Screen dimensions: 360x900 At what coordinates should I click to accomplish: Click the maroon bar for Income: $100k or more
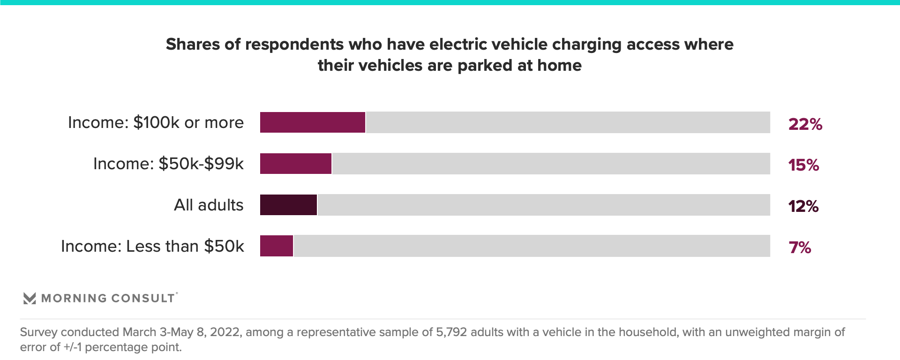point(313,122)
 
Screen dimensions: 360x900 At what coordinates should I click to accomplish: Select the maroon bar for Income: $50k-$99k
point(296,164)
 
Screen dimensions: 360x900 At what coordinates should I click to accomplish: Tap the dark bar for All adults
point(288,205)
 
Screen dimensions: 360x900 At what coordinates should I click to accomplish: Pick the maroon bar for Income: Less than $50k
point(277,246)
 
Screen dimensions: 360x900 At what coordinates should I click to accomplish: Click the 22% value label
point(805,124)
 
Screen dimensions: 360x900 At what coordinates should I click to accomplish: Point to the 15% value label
point(803,165)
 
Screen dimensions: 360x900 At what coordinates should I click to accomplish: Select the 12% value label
point(803,206)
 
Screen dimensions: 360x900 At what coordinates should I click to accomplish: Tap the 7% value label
point(800,247)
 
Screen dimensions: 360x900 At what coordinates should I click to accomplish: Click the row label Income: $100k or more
point(156,122)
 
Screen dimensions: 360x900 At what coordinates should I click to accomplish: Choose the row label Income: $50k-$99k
point(168,164)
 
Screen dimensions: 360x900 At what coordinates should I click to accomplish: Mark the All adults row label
point(209,205)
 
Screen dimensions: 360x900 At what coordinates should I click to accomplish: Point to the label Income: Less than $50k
point(152,246)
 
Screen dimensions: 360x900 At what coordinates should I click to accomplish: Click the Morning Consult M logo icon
point(30,298)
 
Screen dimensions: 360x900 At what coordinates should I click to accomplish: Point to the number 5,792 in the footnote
point(451,332)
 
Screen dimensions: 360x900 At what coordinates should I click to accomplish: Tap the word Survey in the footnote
point(38,332)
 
